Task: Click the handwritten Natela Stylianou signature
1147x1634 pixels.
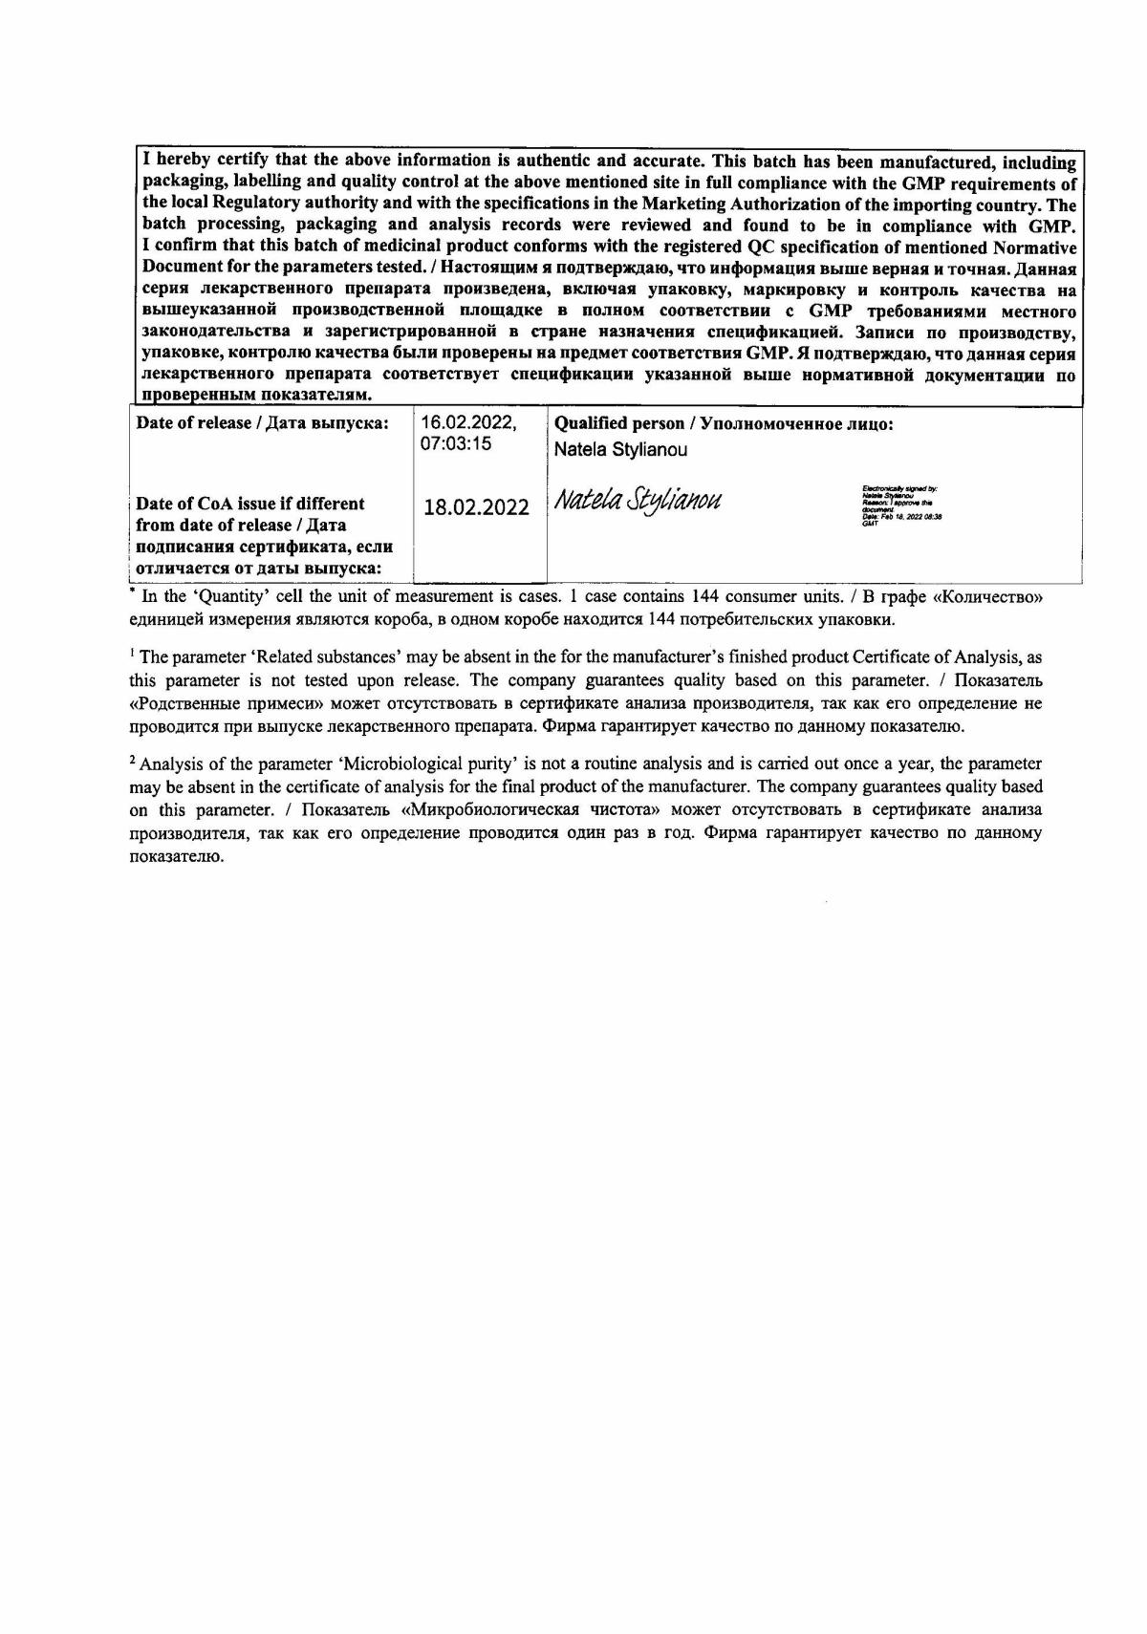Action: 638,501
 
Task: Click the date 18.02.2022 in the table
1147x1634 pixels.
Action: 476,507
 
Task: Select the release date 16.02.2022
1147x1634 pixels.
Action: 468,422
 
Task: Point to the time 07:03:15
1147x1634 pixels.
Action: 456,444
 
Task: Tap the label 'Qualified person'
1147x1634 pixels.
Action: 619,423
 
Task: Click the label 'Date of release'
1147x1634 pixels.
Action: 193,423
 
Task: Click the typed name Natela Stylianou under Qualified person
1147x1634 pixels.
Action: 620,449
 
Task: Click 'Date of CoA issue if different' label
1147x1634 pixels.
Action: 250,504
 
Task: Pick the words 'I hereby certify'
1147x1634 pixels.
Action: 194,161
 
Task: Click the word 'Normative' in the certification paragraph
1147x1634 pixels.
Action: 1030,247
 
